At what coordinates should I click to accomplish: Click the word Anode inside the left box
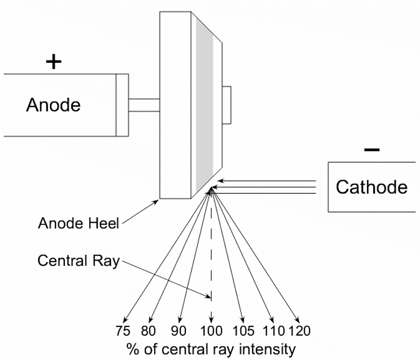(54, 105)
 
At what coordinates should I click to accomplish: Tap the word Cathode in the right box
(372, 186)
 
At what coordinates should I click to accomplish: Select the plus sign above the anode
(54, 62)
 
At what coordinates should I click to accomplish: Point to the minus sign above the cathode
(372, 150)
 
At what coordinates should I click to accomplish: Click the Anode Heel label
(79, 224)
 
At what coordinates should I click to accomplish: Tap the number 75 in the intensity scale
(123, 330)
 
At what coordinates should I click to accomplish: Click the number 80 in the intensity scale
(148, 330)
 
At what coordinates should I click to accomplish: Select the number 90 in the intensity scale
(177, 330)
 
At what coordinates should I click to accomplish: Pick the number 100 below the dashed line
(211, 330)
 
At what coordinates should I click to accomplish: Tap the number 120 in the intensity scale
(299, 330)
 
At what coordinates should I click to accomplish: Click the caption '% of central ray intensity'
(211, 349)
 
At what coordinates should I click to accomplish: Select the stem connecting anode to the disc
(144, 105)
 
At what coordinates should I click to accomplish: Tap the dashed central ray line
(211, 247)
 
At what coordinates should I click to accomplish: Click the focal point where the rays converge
(211, 191)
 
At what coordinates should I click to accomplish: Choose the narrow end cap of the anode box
(122, 105)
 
